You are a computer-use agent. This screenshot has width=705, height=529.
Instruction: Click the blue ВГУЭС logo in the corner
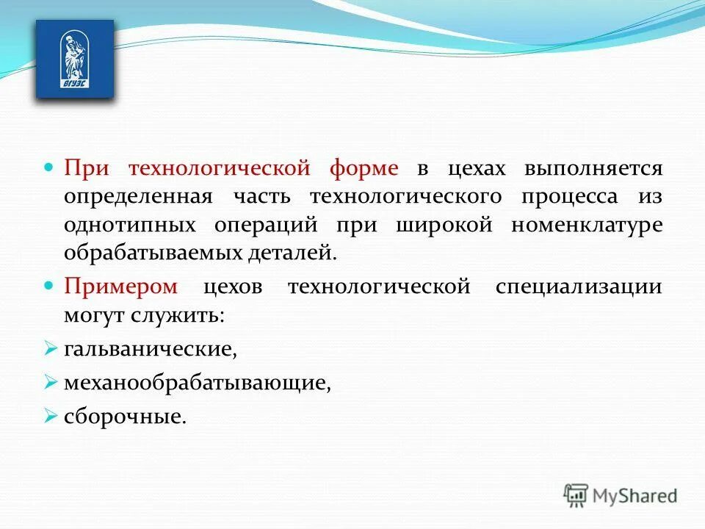pos(75,59)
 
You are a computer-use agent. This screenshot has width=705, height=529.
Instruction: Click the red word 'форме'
pos(364,169)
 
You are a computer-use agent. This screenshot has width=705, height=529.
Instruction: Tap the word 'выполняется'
pos(593,169)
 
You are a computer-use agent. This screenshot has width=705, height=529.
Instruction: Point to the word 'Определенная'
pos(138,197)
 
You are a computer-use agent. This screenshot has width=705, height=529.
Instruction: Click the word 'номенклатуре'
pos(587,225)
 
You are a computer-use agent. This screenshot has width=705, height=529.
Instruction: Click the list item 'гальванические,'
pos(151,349)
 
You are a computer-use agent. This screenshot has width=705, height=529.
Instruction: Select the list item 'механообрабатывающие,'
pos(195,383)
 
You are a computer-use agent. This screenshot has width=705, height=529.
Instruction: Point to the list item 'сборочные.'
pos(125,417)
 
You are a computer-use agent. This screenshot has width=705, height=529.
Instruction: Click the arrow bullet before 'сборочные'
pos(50,417)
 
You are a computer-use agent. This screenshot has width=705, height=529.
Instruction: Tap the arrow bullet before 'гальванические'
pos(50,349)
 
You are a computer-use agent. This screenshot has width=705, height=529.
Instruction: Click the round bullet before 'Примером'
pos(50,284)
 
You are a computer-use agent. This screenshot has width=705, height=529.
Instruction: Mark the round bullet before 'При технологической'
pos(50,168)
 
